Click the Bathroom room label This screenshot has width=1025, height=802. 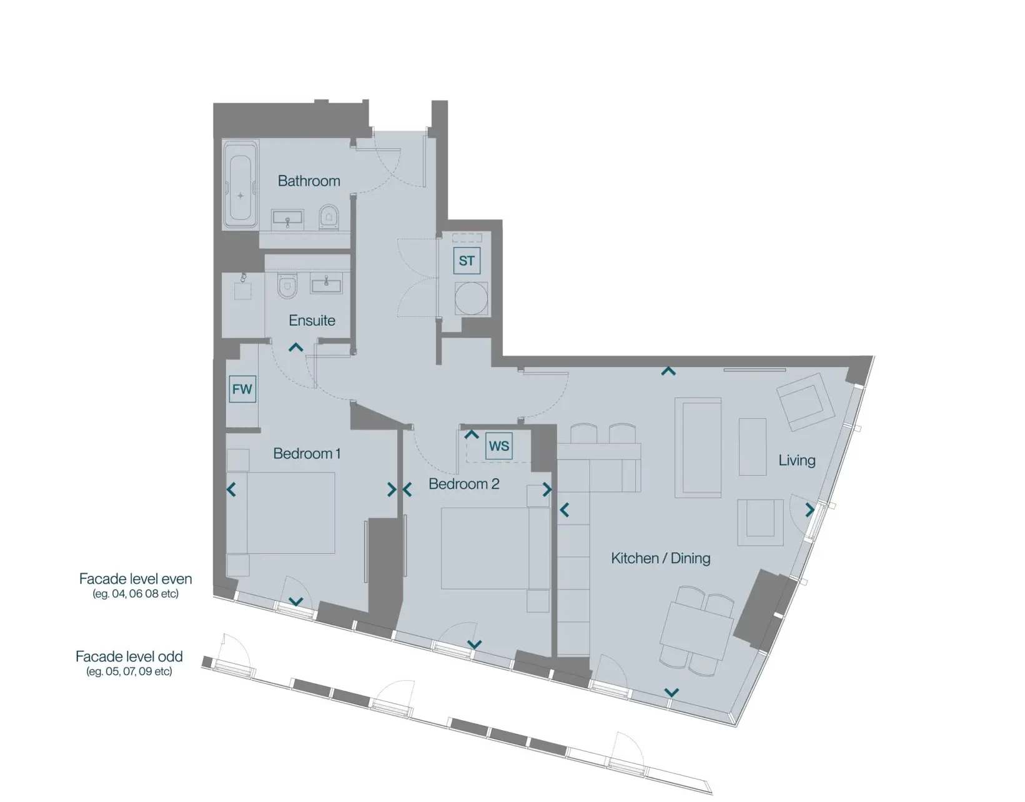point(309,181)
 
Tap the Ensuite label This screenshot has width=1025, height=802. point(312,321)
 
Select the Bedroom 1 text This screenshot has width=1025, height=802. point(307,454)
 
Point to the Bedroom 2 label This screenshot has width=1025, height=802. point(463,484)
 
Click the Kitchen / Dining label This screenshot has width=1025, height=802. point(660,558)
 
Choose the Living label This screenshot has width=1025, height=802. point(796,460)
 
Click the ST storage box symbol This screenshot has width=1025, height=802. point(467,261)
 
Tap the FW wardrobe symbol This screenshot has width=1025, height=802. point(242,389)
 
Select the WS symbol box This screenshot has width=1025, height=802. point(499,446)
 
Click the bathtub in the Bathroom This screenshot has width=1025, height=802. point(240,184)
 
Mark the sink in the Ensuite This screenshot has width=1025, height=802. point(327,283)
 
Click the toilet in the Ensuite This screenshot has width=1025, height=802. point(287,286)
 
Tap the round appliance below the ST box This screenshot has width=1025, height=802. point(471,298)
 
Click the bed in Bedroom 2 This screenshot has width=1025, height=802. point(495,548)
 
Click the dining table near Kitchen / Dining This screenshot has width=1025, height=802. point(697,630)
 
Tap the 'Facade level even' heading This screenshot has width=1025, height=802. point(136,579)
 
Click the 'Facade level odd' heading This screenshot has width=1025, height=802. point(129,656)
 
